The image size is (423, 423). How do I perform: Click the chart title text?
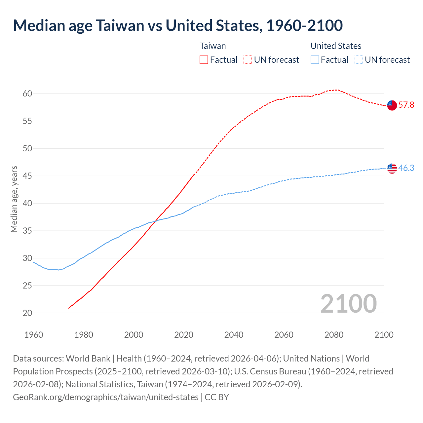pyautogui.click(x=178, y=26)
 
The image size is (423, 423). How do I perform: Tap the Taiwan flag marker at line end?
pyautogui.click(x=392, y=105)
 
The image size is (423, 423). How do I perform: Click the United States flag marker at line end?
pyautogui.click(x=392, y=168)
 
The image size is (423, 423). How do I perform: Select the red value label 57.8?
pyautogui.click(x=406, y=105)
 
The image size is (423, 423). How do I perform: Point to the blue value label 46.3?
pyautogui.click(x=406, y=168)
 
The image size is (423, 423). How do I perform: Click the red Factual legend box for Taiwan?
pyautogui.click(x=204, y=60)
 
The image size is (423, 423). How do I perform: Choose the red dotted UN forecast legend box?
pyautogui.click(x=248, y=60)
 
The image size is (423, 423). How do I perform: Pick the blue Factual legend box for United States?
pyautogui.click(x=315, y=60)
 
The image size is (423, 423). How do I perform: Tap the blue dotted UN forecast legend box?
pyautogui.click(x=359, y=60)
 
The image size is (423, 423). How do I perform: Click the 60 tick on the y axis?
pyautogui.click(x=27, y=94)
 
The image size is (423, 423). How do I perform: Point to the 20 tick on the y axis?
pyautogui.click(x=27, y=313)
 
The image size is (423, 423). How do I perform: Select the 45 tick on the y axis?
pyautogui.click(x=27, y=176)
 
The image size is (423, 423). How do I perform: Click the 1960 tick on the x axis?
pyautogui.click(x=34, y=335)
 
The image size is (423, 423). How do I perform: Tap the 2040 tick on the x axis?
pyautogui.click(x=234, y=335)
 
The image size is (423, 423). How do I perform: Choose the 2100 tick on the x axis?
pyautogui.click(x=384, y=335)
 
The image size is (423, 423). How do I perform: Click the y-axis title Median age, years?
pyautogui.click(x=14, y=199)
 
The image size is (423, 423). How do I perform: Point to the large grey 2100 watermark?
pyautogui.click(x=348, y=304)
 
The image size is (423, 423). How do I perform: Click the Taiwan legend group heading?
pyautogui.click(x=213, y=46)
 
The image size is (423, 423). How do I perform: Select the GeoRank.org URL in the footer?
pyautogui.click(x=106, y=397)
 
